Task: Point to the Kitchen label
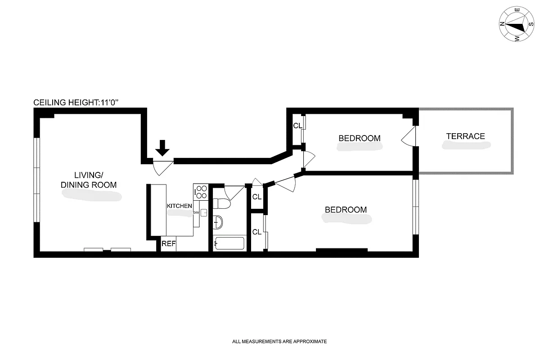point(180,206)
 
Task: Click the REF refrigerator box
point(169,244)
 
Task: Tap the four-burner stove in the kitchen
point(201,192)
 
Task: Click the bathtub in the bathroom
point(229,243)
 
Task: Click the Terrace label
point(465,136)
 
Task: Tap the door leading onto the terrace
point(407,137)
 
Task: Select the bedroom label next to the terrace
point(359,138)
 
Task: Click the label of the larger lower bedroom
point(346,210)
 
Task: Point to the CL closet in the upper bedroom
point(297,126)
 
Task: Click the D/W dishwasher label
point(196,212)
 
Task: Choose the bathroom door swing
point(234,192)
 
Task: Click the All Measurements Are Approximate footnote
point(279,342)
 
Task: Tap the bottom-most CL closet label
point(257,232)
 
